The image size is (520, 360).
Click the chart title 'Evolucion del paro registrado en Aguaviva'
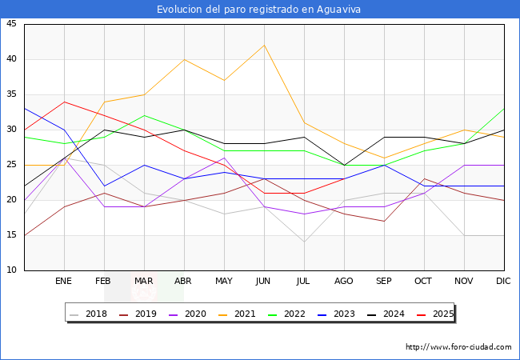pyautogui.click(x=259, y=9)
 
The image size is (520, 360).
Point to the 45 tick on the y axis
pyautogui.click(x=12, y=24)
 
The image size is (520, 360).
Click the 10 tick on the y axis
pyautogui.click(x=12, y=270)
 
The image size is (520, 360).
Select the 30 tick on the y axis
pyautogui.click(x=12, y=130)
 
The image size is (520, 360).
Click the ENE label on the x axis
pyautogui.click(x=64, y=282)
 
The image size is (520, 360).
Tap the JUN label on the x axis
pyautogui.click(x=264, y=282)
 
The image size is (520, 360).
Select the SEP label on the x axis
pyautogui.click(x=384, y=282)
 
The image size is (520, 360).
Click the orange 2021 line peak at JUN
pyautogui.click(x=264, y=45)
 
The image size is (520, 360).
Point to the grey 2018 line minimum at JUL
pyautogui.click(x=304, y=242)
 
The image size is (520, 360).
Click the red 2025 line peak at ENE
pyautogui.click(x=64, y=102)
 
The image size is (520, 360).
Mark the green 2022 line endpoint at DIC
pyautogui.click(x=504, y=109)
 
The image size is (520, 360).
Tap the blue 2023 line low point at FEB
pyautogui.click(x=104, y=186)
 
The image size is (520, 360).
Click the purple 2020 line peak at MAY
pyautogui.click(x=224, y=158)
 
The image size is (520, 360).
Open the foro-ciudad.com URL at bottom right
pyautogui.click(x=458, y=347)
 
